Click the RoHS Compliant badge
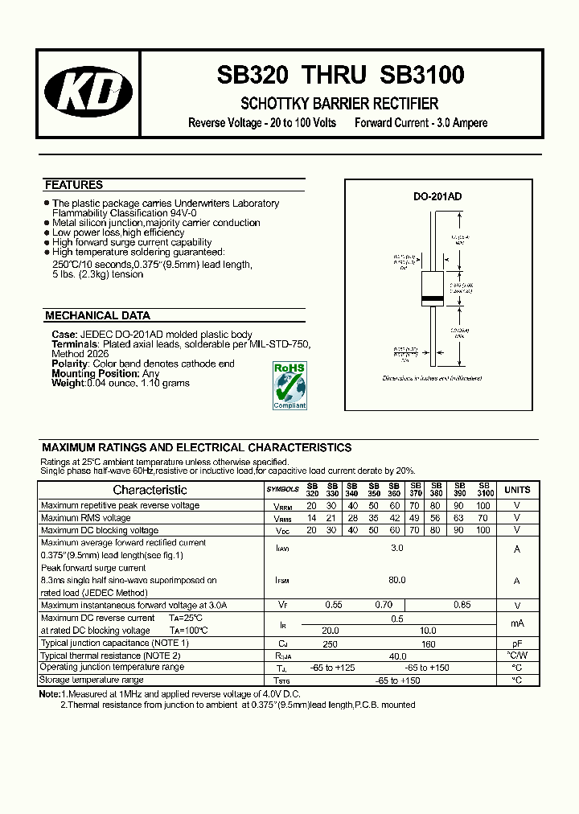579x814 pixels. coord(289,385)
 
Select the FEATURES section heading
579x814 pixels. coord(74,185)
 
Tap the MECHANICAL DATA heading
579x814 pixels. coord(97,316)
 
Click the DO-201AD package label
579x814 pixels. coord(437,197)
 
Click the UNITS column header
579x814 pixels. coord(517,489)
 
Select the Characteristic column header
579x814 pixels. coord(150,490)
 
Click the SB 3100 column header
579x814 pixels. coord(483,489)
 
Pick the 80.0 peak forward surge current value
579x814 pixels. coord(396,580)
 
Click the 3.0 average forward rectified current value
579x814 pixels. coord(396,549)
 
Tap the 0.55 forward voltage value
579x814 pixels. coord(334,605)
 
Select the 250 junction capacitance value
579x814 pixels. coord(331,643)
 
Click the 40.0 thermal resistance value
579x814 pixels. coord(396,656)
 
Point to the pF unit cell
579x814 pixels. coord(517,643)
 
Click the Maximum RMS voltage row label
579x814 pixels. coord(85,518)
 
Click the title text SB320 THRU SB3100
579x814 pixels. coord(340,76)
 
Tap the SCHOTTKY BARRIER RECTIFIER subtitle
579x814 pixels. coord(339,104)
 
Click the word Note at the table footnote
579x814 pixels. coord(48,693)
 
